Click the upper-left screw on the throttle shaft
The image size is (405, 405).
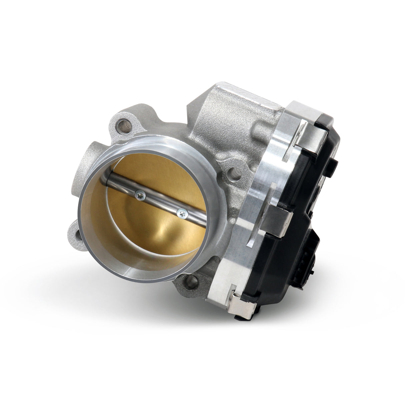[139, 192]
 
